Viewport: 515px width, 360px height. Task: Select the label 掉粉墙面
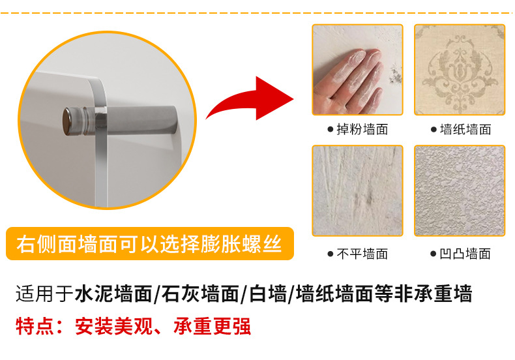coord(362,129)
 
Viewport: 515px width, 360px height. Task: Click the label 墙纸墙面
coord(465,129)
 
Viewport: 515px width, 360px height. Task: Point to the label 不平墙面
coord(362,254)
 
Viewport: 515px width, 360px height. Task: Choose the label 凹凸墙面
coord(465,254)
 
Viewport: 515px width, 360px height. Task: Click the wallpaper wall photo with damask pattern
coord(460,70)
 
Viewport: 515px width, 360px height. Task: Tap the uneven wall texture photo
coord(357,190)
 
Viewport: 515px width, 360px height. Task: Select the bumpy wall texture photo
coord(460,190)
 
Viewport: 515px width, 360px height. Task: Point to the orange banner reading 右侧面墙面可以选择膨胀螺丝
coord(150,244)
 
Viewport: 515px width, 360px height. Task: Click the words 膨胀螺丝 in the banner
coord(241,244)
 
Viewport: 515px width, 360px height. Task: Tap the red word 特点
coord(35,326)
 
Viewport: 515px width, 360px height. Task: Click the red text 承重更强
coord(212,326)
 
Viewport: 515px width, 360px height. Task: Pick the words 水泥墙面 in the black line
coord(113,293)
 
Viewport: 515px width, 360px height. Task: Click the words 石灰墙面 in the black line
coord(200,293)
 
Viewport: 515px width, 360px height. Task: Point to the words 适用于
coord(45,293)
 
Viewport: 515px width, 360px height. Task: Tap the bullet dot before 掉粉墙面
coord(331,129)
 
